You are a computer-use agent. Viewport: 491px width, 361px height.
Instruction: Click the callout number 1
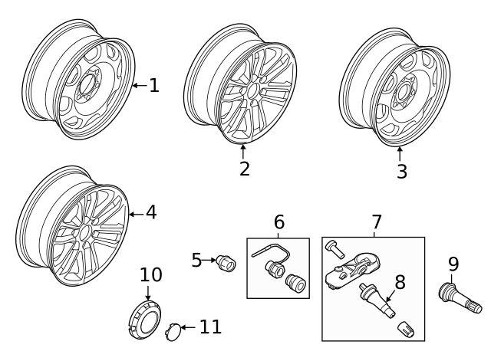(154, 85)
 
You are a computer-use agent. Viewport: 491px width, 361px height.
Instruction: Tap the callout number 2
(245, 169)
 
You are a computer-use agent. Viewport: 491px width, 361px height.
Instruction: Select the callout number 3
(402, 172)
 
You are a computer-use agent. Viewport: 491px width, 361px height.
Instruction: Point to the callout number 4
(151, 212)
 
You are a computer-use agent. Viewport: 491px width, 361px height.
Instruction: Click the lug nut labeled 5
(226, 263)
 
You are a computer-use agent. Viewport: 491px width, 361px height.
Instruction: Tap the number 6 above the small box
(279, 222)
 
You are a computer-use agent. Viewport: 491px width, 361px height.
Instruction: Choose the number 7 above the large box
(377, 222)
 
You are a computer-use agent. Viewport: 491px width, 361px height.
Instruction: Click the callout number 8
(400, 282)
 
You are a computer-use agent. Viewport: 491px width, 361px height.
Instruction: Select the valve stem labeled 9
(460, 297)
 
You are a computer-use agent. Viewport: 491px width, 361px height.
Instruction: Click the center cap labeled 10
(145, 320)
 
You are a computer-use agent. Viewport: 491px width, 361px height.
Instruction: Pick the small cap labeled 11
(173, 332)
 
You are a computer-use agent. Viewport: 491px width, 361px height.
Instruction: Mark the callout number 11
(210, 327)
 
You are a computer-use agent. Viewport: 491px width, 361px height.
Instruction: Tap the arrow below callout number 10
(148, 292)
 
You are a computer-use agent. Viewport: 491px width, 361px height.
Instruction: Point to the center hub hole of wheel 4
(84, 234)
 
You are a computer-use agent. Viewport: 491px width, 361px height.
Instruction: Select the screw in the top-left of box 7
(334, 248)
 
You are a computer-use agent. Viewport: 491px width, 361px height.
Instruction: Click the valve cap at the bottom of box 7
(406, 330)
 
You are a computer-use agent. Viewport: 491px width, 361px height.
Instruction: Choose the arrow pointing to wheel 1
(140, 85)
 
